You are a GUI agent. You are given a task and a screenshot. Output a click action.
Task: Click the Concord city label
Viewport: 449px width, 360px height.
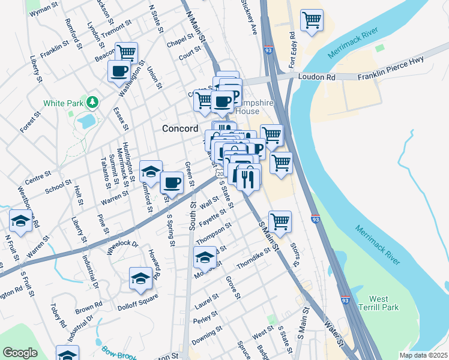point(180,128)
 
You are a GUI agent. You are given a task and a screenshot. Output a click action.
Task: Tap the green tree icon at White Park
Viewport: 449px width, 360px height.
point(92,103)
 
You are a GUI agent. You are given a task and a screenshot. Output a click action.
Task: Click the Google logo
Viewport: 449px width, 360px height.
point(20,353)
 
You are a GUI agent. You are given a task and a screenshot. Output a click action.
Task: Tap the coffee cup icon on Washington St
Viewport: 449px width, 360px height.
point(119,71)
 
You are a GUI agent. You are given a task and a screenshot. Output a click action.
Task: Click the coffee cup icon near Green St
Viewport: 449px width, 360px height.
point(172,182)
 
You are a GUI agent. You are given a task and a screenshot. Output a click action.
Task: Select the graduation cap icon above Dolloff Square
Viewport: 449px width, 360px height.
point(141,278)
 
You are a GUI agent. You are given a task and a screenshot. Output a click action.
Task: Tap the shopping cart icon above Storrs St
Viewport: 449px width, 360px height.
point(280,221)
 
